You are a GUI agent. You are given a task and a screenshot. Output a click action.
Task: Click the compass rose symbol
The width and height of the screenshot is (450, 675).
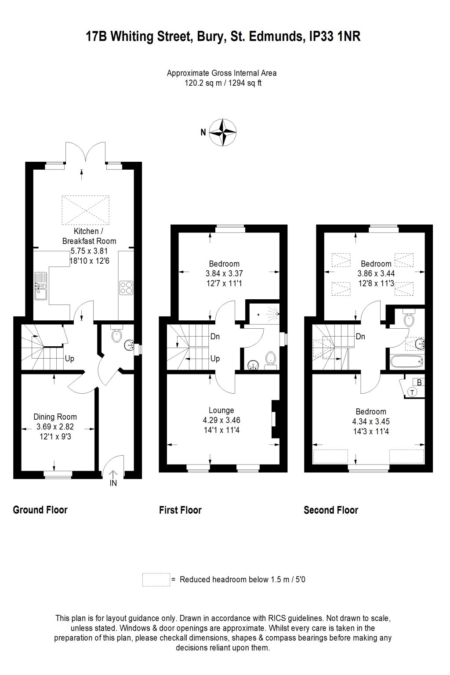pos(223,132)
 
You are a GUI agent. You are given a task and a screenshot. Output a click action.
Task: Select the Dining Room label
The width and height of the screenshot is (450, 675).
pos(55,417)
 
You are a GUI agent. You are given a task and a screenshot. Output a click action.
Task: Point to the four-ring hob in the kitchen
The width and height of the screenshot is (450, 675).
pos(126,287)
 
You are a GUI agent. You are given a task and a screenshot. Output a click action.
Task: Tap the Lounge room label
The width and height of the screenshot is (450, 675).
pos(221,410)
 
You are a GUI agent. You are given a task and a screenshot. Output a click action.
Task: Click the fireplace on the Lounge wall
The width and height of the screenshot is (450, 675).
pos(275,419)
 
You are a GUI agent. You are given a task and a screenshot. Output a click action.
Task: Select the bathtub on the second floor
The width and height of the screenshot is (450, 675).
pos(407,362)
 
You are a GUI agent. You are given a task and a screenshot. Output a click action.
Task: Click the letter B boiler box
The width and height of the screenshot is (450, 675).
pos(419,382)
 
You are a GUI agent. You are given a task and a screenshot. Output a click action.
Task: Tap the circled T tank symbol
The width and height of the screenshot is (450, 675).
pos(412,392)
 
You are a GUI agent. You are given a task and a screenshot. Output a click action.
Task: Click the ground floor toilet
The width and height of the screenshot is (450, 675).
pos(116,336)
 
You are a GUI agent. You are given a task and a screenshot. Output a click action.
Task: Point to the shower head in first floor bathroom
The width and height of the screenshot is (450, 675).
pos(259,314)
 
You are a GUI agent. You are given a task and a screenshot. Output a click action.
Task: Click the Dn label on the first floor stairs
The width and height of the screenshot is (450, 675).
pos(215,337)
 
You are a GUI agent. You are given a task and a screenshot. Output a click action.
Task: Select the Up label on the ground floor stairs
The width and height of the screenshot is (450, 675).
pos(69,359)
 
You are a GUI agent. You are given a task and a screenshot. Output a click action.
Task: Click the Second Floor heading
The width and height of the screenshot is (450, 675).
pos(330,510)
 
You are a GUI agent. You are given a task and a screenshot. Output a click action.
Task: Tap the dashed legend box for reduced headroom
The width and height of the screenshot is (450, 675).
pos(156,580)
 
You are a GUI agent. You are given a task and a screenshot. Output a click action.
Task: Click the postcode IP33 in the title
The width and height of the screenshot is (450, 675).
pos(321,37)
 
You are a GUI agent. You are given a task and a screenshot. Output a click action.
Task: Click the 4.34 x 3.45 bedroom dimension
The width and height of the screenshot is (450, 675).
pos(371,421)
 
